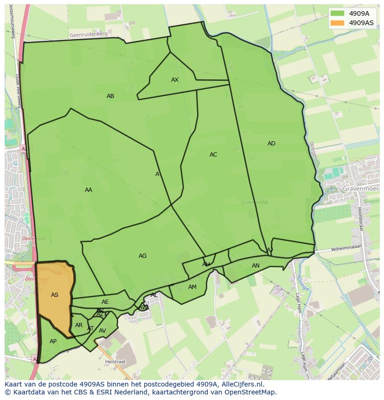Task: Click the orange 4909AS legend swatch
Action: click(338, 23)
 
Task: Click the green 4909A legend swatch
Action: click(338, 13)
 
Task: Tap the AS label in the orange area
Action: click(55, 295)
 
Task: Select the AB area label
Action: click(110, 96)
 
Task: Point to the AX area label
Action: click(175, 80)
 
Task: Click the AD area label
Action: click(271, 144)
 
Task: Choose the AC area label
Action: click(213, 155)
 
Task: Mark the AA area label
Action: click(89, 190)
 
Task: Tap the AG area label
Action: click(142, 256)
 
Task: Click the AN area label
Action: click(256, 266)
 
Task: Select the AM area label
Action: click(192, 287)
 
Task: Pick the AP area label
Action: click(53, 341)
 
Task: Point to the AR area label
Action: click(79, 325)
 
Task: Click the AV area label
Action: click(102, 331)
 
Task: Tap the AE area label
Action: click(105, 302)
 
